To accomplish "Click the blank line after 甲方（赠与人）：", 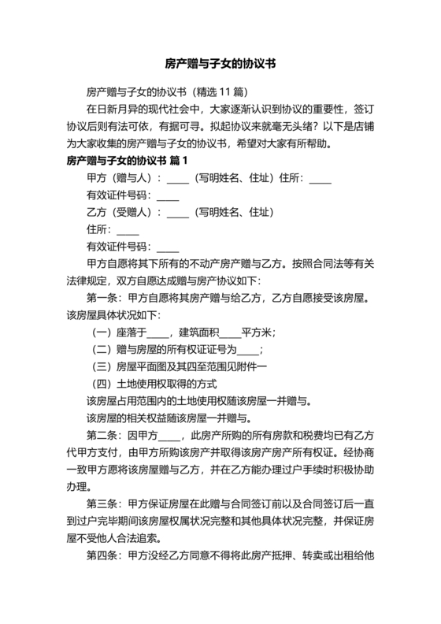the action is pyautogui.click(x=178, y=179).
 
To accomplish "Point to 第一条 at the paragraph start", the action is pyautogui.click(x=103, y=299).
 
